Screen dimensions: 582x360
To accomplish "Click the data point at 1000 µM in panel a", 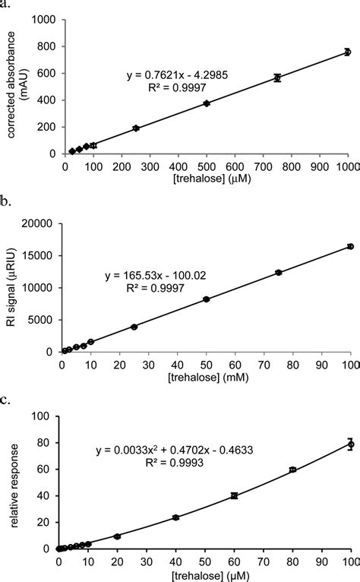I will click(x=347, y=52).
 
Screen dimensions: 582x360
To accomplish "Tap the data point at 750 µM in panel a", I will click(x=277, y=77).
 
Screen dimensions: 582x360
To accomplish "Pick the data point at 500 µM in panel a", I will click(x=206, y=103).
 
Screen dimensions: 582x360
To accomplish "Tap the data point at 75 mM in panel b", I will click(x=279, y=272).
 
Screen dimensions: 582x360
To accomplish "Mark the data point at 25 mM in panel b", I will click(x=134, y=327).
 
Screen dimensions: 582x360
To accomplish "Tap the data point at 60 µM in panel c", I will click(x=235, y=495).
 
